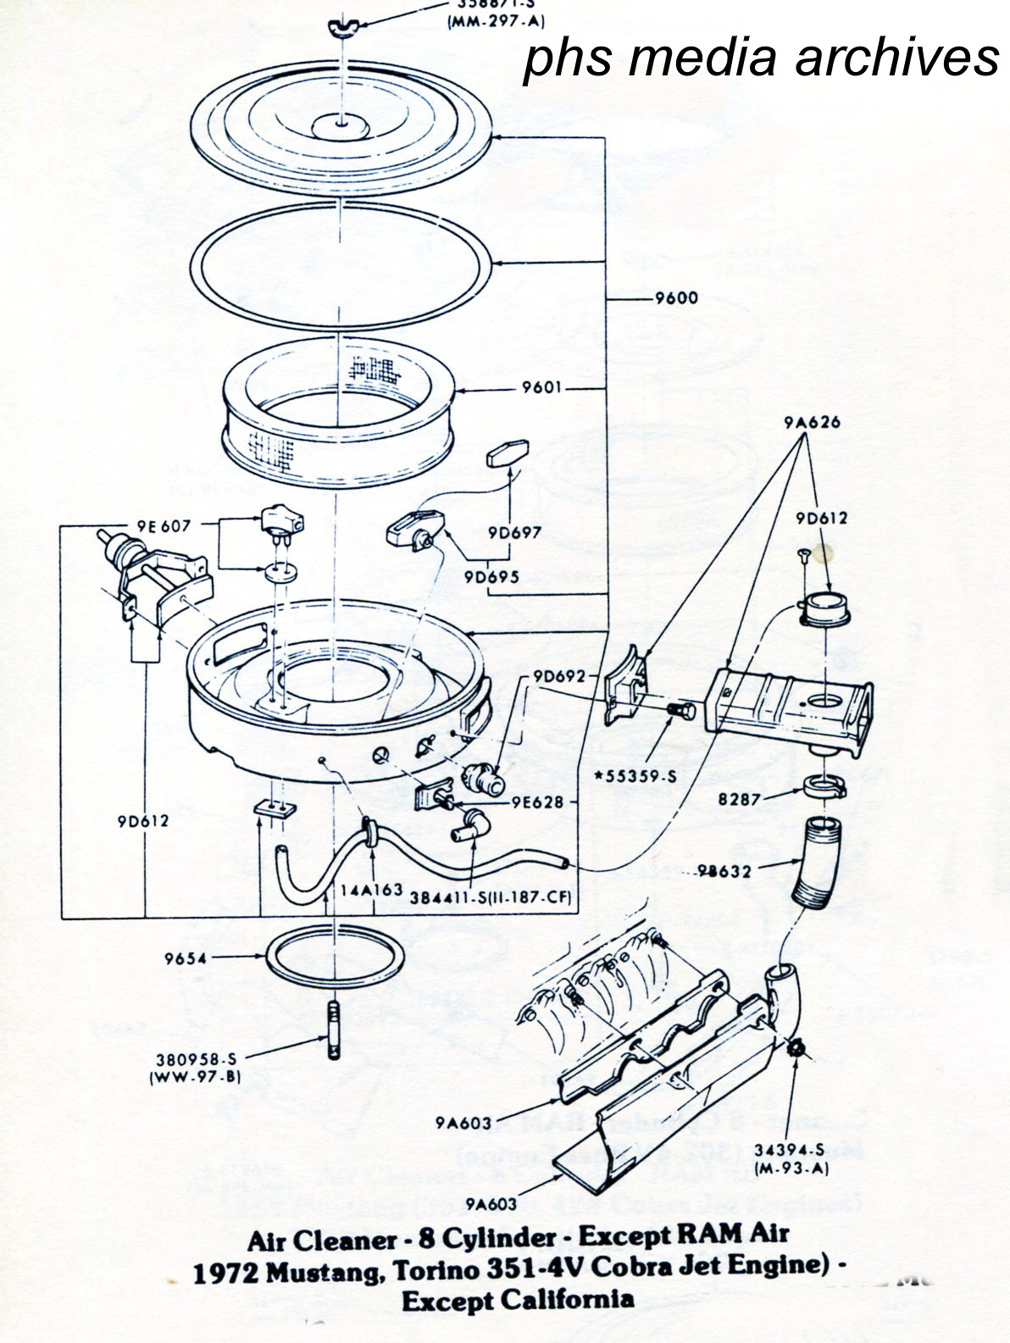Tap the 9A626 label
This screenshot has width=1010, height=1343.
[812, 422]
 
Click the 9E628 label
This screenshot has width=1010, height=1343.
[538, 801]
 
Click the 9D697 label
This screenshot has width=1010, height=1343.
[514, 533]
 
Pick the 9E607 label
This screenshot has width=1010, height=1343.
[162, 525]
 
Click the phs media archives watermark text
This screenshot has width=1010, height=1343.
[760, 58]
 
